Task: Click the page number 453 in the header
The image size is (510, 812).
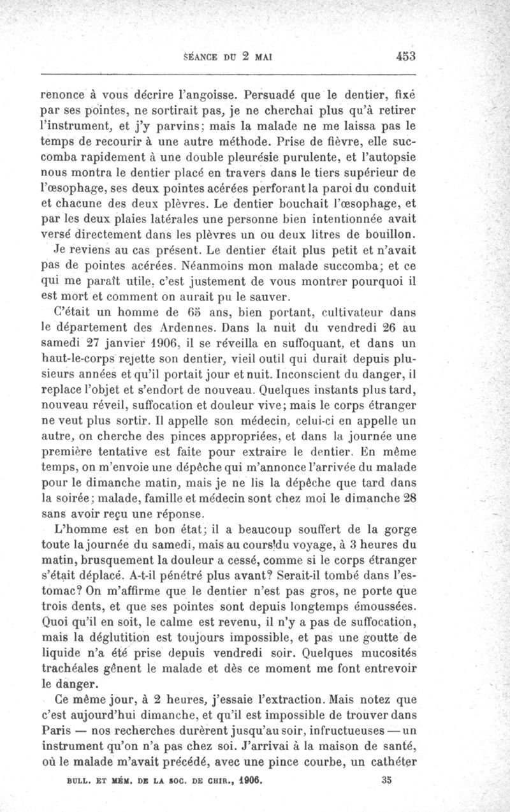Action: (405, 55)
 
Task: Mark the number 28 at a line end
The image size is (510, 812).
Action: (408, 498)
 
